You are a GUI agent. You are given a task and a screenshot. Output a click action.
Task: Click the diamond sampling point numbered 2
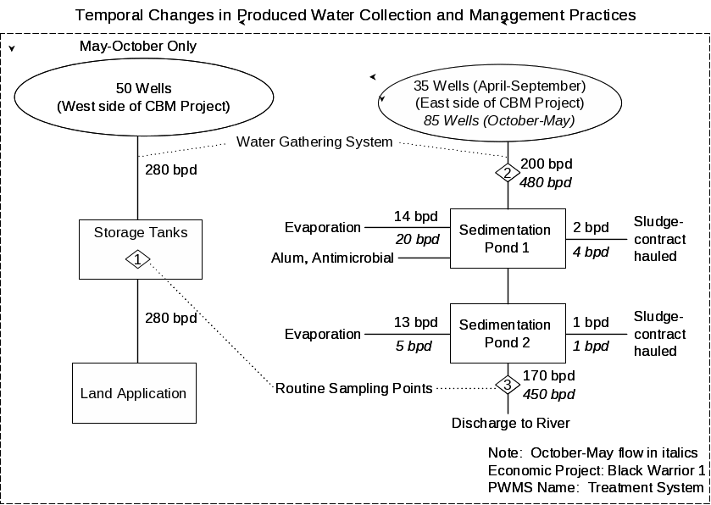click(x=507, y=173)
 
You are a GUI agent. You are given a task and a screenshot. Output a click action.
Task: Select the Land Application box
click(x=134, y=393)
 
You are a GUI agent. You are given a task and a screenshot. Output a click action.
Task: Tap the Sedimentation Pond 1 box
click(x=507, y=239)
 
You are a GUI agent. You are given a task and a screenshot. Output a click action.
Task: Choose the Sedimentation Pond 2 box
click(x=507, y=333)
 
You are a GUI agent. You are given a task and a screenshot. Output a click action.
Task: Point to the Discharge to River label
click(x=510, y=424)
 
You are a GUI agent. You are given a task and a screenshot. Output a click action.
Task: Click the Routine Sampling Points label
click(x=354, y=389)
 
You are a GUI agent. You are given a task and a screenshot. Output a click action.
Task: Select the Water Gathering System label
click(x=314, y=142)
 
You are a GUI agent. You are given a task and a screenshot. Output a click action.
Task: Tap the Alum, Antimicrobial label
click(x=332, y=258)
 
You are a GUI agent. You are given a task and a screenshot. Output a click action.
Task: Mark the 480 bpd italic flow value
click(x=546, y=182)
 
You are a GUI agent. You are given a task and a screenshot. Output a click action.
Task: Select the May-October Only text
click(x=138, y=47)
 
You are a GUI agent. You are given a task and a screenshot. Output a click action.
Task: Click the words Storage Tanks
click(x=141, y=232)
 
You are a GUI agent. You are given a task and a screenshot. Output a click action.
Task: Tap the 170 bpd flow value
click(x=548, y=376)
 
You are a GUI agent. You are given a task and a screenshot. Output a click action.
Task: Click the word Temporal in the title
click(x=108, y=15)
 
